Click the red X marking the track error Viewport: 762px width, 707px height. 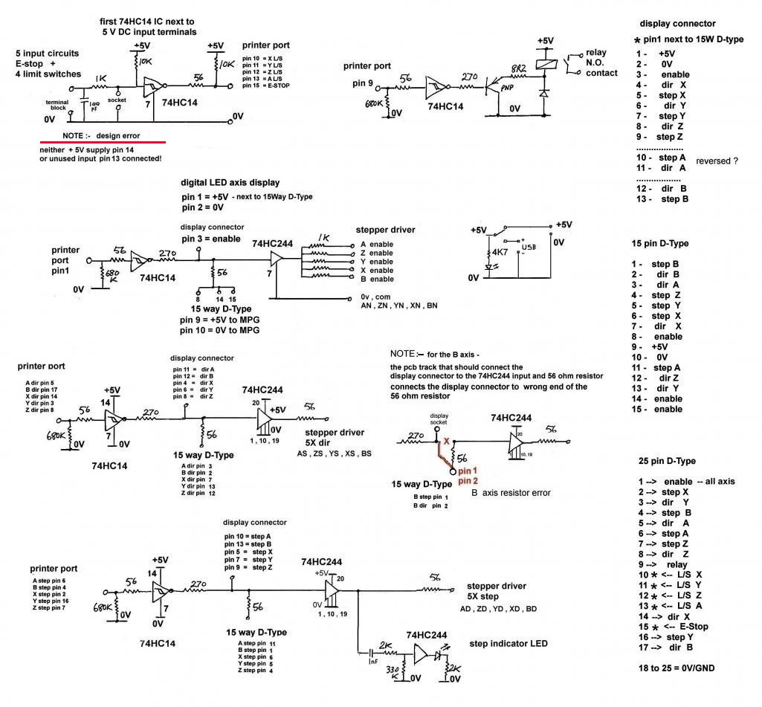447,441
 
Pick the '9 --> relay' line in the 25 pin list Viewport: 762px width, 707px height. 668,564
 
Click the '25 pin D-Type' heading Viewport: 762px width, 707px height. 666,461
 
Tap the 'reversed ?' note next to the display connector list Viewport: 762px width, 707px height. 717,161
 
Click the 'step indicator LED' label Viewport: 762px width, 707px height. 505,642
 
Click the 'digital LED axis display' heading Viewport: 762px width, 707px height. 230,182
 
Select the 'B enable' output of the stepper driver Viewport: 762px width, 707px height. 377,279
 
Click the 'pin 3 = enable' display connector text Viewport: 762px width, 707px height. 210,239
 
